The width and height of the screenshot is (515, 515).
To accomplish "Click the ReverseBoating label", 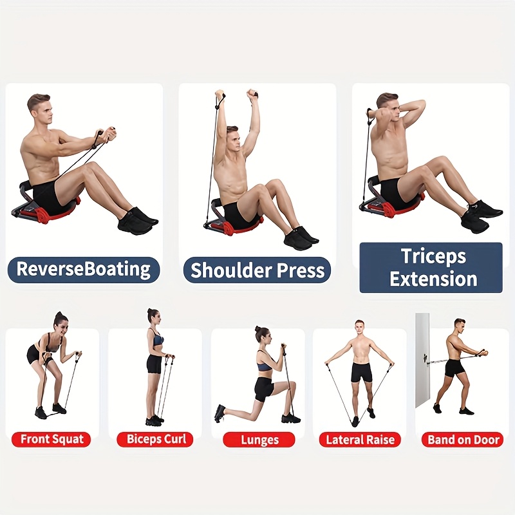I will [x=83, y=269].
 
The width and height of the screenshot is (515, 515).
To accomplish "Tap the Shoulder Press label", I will [x=257, y=270].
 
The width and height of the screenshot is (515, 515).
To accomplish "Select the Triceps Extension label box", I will [x=430, y=267].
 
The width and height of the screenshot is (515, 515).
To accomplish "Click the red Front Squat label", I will [x=52, y=440].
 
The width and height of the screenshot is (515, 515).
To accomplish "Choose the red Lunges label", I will [x=259, y=440].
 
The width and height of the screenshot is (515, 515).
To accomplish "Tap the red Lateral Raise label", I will [x=360, y=440].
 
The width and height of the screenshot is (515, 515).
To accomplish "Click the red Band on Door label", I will [x=464, y=440].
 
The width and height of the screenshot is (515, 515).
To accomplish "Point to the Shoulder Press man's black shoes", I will [x=300, y=238].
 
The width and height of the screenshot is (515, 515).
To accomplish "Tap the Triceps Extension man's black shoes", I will [x=480, y=216].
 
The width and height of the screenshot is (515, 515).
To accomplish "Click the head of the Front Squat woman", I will [x=60, y=319].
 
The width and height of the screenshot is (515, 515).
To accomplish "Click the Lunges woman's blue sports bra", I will [x=265, y=365].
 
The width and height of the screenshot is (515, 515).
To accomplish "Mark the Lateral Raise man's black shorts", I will [x=361, y=372].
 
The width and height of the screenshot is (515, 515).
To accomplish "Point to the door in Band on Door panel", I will [x=422, y=360].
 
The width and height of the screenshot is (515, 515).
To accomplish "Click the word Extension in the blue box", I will [x=433, y=279].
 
